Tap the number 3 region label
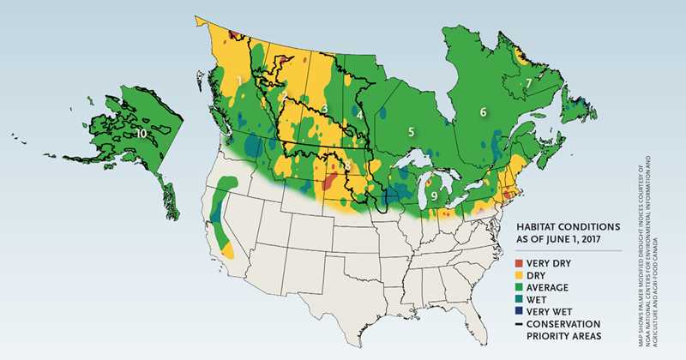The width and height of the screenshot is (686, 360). pyautogui.click(x=323, y=108)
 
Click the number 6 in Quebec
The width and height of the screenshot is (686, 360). pyautogui.click(x=483, y=112)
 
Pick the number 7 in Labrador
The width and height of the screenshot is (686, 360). pyautogui.click(x=529, y=83)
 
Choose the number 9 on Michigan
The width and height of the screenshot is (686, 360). pyautogui.click(x=435, y=196)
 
